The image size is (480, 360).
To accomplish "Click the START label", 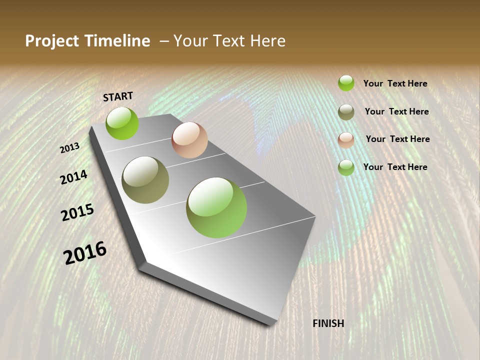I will [118, 96].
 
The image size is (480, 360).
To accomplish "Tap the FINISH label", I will [328, 323].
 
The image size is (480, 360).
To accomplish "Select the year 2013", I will [69, 147].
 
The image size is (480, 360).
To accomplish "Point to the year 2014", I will [73, 177].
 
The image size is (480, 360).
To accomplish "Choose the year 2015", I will [77, 212].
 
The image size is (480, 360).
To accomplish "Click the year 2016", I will [85, 252].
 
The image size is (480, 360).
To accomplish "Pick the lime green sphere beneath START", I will [122, 123].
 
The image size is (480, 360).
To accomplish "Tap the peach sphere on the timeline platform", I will [189, 140].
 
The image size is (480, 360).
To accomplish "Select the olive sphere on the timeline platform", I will [145, 180].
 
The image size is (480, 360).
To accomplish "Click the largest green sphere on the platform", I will [216, 207].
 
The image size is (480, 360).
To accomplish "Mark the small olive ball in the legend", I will [346, 112].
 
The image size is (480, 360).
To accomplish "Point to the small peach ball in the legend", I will [346, 140].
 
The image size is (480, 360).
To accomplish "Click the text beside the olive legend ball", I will [396, 111].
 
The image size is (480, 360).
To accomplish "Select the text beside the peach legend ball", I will [397, 139].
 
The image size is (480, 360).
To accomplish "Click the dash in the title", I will [164, 41].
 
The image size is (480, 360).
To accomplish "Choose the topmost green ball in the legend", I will [346, 83].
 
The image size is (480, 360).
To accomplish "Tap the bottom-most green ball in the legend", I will [346, 167].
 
